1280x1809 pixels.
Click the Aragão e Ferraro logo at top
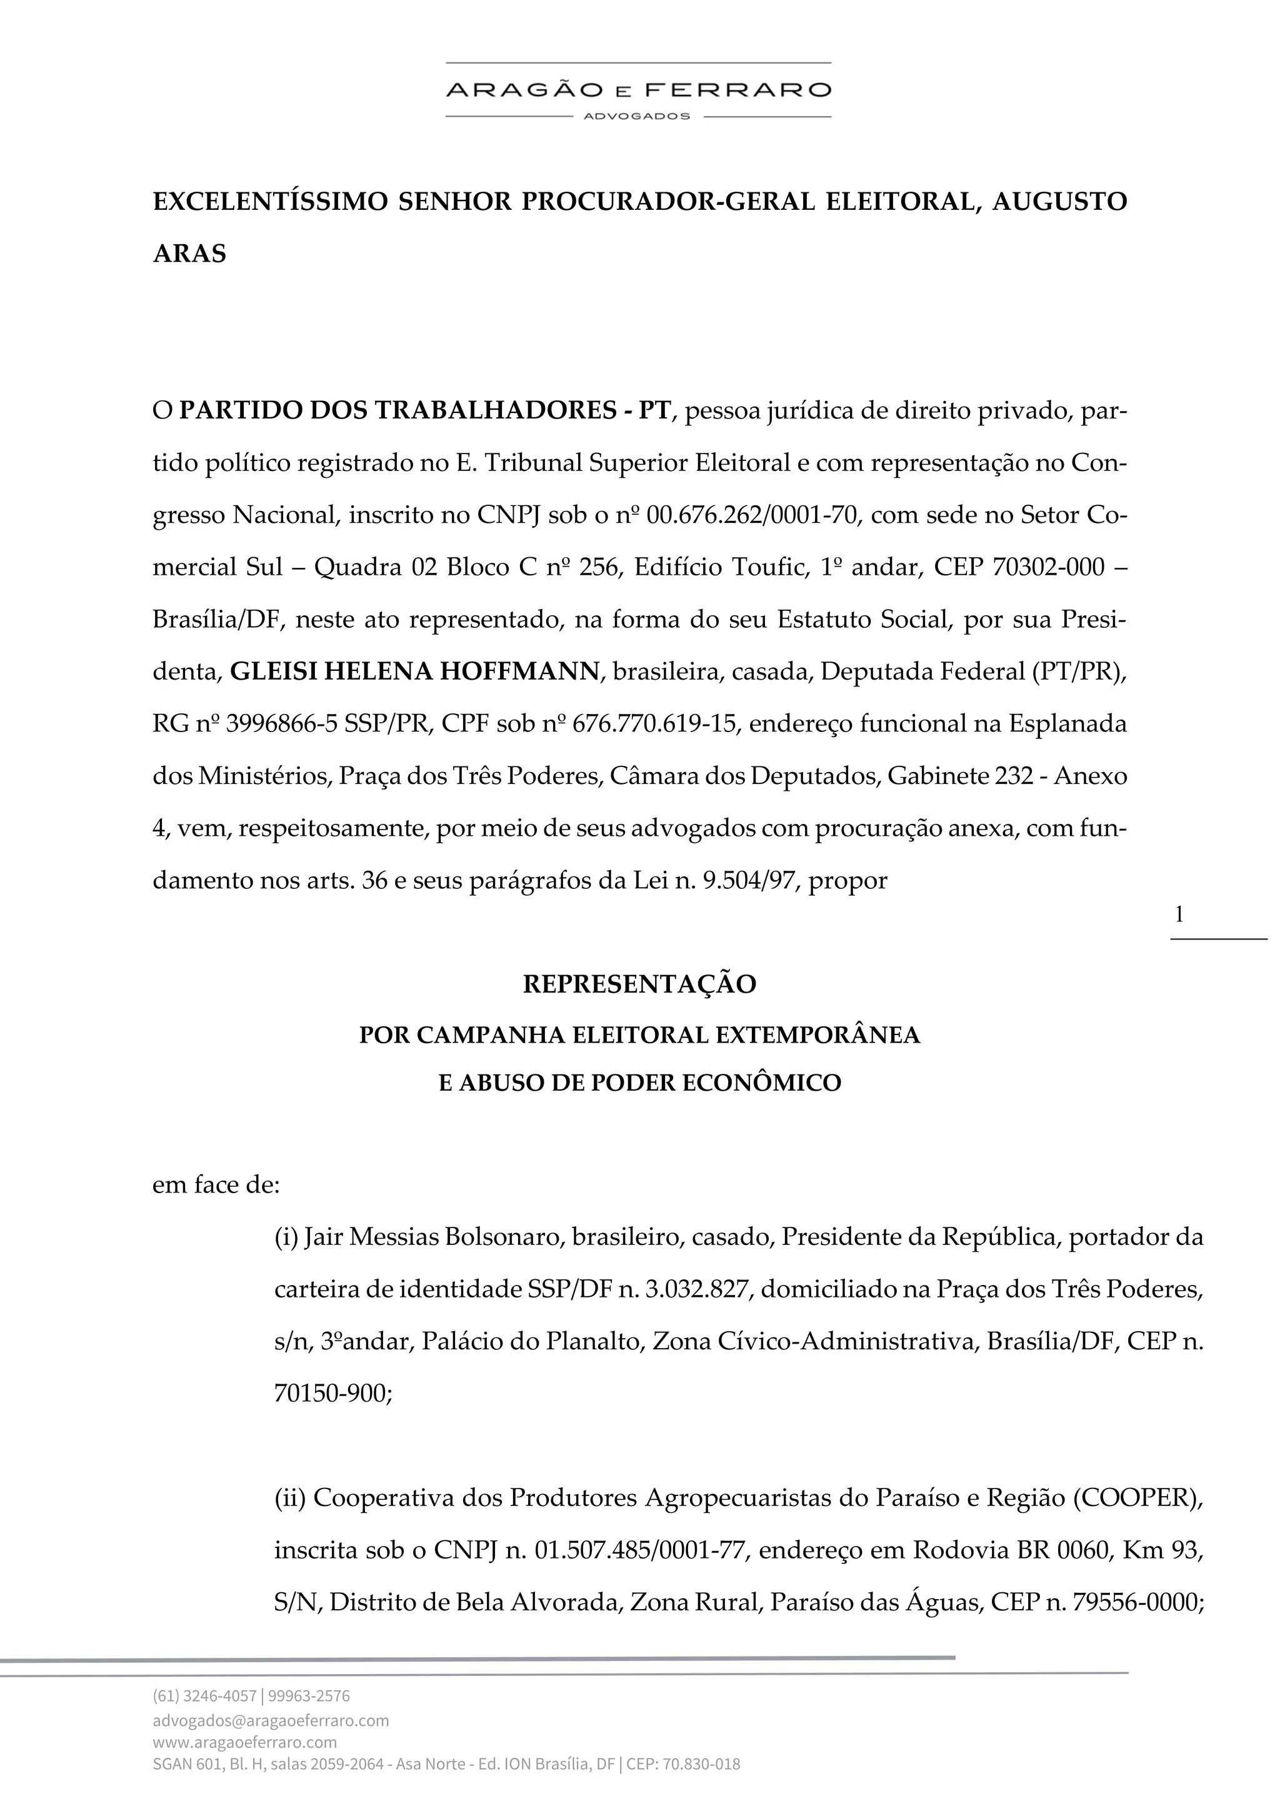pos(638,90)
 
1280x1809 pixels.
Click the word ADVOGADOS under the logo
pos(637,116)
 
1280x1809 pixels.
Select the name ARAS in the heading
pos(189,254)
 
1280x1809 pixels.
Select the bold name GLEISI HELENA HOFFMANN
pos(414,672)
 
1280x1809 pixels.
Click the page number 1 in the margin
pos(1179,914)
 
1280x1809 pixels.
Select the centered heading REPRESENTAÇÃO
pos(639,984)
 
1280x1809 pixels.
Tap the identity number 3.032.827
pos(696,1289)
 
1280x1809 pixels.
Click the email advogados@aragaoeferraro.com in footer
pos(271,1720)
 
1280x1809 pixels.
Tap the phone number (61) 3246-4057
pos(204,1695)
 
